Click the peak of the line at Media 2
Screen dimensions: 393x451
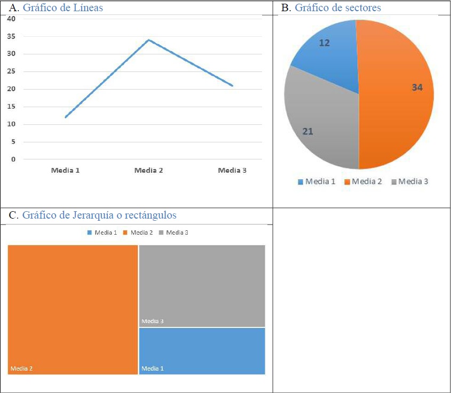[148, 40]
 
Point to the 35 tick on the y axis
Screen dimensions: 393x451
[12, 36]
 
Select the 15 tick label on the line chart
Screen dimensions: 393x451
[12, 107]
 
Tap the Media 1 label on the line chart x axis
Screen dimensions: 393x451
[65, 171]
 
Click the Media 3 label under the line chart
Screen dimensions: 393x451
[232, 171]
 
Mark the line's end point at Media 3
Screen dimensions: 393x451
[232, 85]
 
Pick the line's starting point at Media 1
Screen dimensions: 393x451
[66, 117]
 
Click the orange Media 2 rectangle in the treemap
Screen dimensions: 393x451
[73, 309]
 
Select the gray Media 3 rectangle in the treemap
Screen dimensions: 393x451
[202, 285]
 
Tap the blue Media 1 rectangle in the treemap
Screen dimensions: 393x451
[202, 351]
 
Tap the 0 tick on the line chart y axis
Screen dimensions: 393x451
[13, 159]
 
